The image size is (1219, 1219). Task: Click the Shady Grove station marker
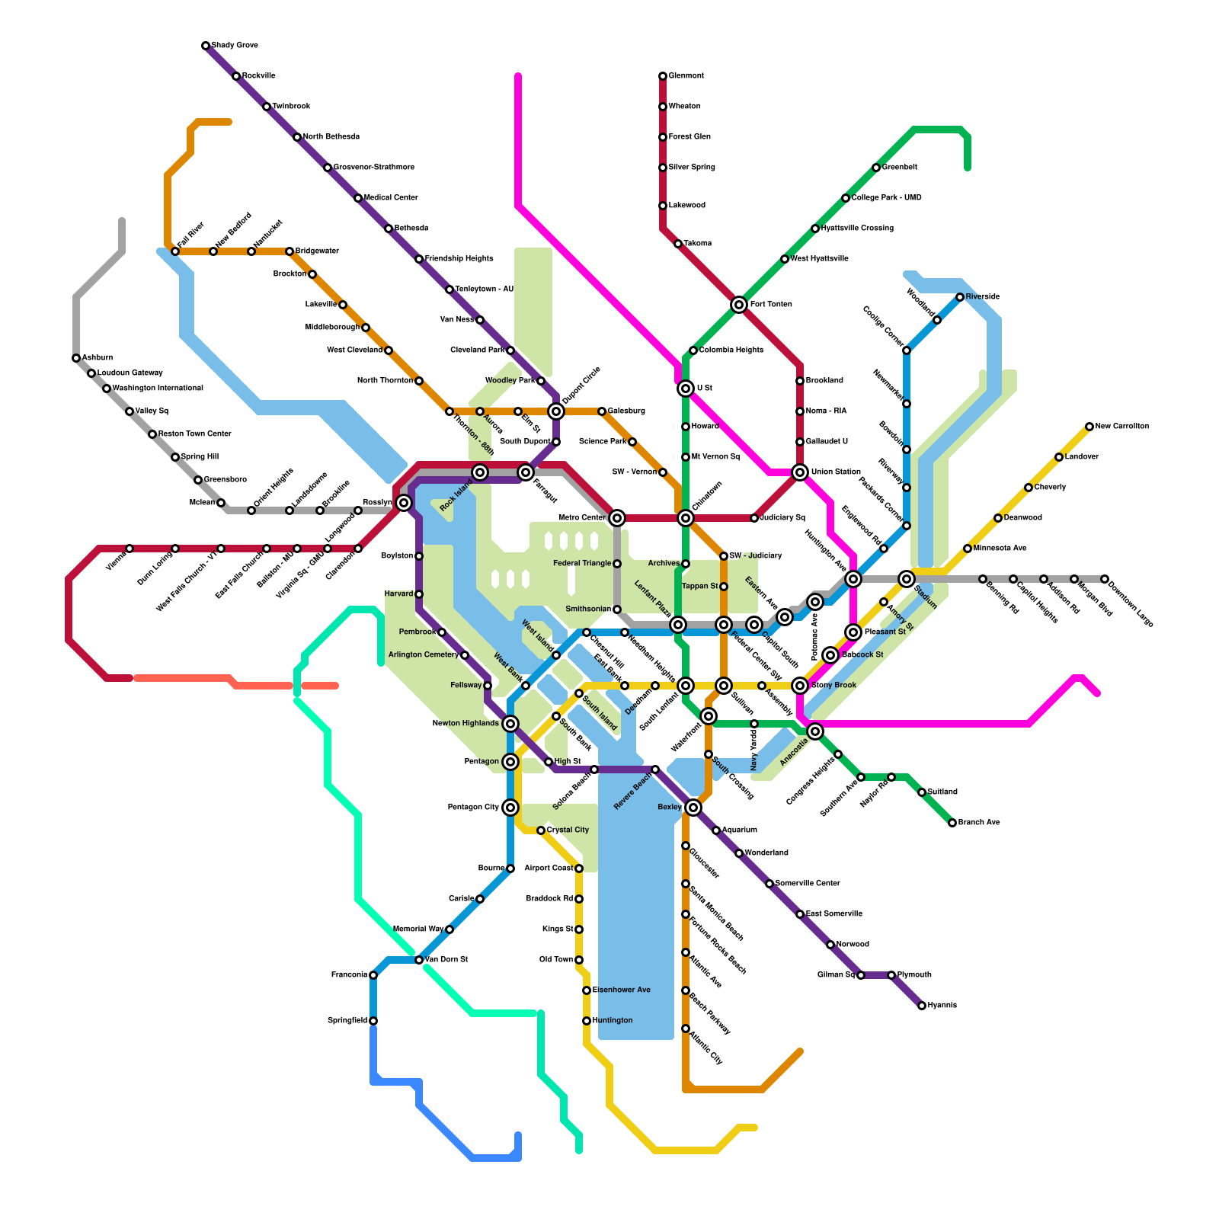[x=206, y=46]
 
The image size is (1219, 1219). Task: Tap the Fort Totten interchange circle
[x=739, y=305]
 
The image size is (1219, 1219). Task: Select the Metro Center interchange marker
[x=617, y=518]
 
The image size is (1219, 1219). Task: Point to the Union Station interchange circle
[x=800, y=472]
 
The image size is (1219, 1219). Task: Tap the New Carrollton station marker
[x=1089, y=427]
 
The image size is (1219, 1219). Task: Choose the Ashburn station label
[x=98, y=357]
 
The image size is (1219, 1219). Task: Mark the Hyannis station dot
[x=922, y=1006]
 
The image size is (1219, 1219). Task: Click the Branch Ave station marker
[x=952, y=823]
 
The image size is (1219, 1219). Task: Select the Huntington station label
[x=613, y=1021]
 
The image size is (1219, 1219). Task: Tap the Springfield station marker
[x=373, y=1021]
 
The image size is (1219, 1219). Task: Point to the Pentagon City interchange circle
[x=510, y=808]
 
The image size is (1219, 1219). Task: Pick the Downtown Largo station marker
[x=1105, y=579]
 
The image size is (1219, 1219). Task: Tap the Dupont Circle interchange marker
[x=556, y=411]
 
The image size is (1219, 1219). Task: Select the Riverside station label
[x=983, y=297]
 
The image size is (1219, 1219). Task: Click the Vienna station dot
[x=130, y=549]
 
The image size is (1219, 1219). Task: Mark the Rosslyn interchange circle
[x=404, y=503]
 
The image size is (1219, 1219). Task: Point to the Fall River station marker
[x=175, y=251]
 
